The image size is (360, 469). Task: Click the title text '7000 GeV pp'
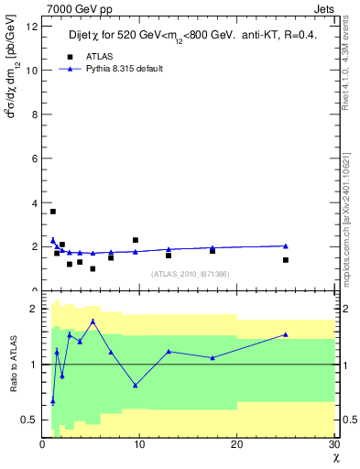click(69, 8)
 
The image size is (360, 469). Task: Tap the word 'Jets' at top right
click(323, 8)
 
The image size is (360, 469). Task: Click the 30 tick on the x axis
click(333, 445)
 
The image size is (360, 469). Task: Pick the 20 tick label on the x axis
click(236, 445)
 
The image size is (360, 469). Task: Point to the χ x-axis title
click(334, 458)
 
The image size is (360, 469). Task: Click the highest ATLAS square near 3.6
click(53, 212)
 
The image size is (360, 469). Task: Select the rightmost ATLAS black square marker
click(286, 260)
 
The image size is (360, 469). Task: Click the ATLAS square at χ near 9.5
click(136, 240)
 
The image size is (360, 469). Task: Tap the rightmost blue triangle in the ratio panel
click(286, 334)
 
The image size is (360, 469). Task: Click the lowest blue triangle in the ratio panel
click(53, 401)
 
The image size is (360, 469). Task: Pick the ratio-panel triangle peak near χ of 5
click(93, 322)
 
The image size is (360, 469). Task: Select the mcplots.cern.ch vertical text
click(349, 237)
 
